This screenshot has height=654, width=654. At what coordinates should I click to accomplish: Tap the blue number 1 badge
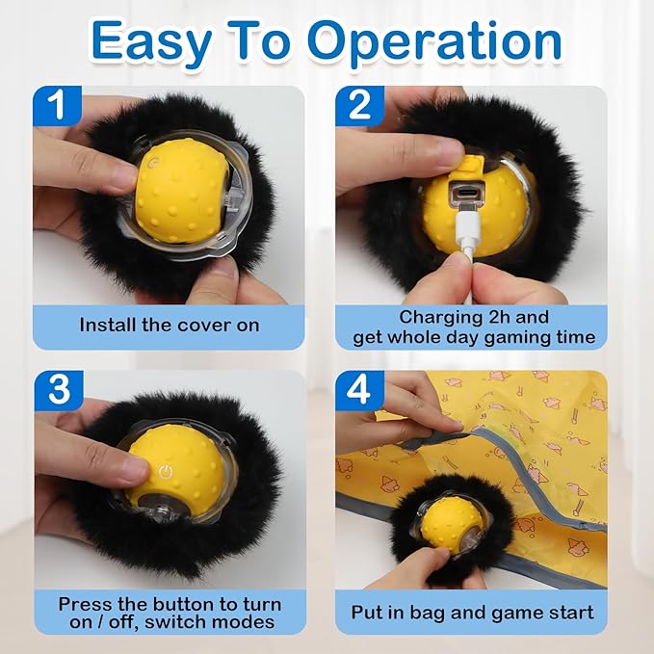(x=57, y=105)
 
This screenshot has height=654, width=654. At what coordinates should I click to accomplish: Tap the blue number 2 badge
(x=359, y=105)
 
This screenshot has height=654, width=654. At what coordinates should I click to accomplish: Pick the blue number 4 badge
(x=359, y=389)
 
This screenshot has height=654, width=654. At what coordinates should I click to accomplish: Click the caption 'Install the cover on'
(x=170, y=325)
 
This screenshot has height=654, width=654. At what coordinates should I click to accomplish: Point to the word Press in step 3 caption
(x=84, y=604)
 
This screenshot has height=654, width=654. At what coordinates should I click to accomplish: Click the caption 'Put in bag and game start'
(x=472, y=613)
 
